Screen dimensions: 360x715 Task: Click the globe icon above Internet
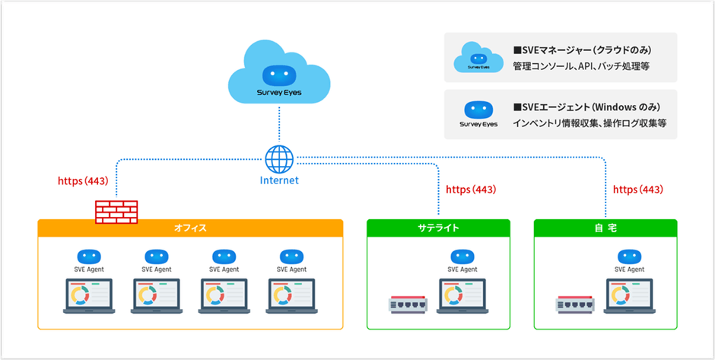pos(279,159)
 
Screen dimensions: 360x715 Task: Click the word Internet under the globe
pos(279,180)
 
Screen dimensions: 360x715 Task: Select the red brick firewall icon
pos(116,211)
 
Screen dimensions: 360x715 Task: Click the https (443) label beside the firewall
pos(83,182)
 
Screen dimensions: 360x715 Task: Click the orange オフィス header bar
pos(190,227)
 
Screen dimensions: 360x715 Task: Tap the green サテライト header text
pos(438,227)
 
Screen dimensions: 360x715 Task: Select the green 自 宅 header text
pos(605,227)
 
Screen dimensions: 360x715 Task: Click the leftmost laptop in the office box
pos(87,297)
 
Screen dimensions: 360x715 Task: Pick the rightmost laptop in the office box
pos(291,297)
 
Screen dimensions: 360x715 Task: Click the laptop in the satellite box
pos(462,297)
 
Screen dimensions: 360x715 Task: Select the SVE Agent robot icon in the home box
pos(629,256)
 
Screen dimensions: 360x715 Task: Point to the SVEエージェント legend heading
pos(584,106)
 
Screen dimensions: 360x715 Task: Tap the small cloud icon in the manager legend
pos(478,58)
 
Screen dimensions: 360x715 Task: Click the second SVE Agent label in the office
pos(157,269)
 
